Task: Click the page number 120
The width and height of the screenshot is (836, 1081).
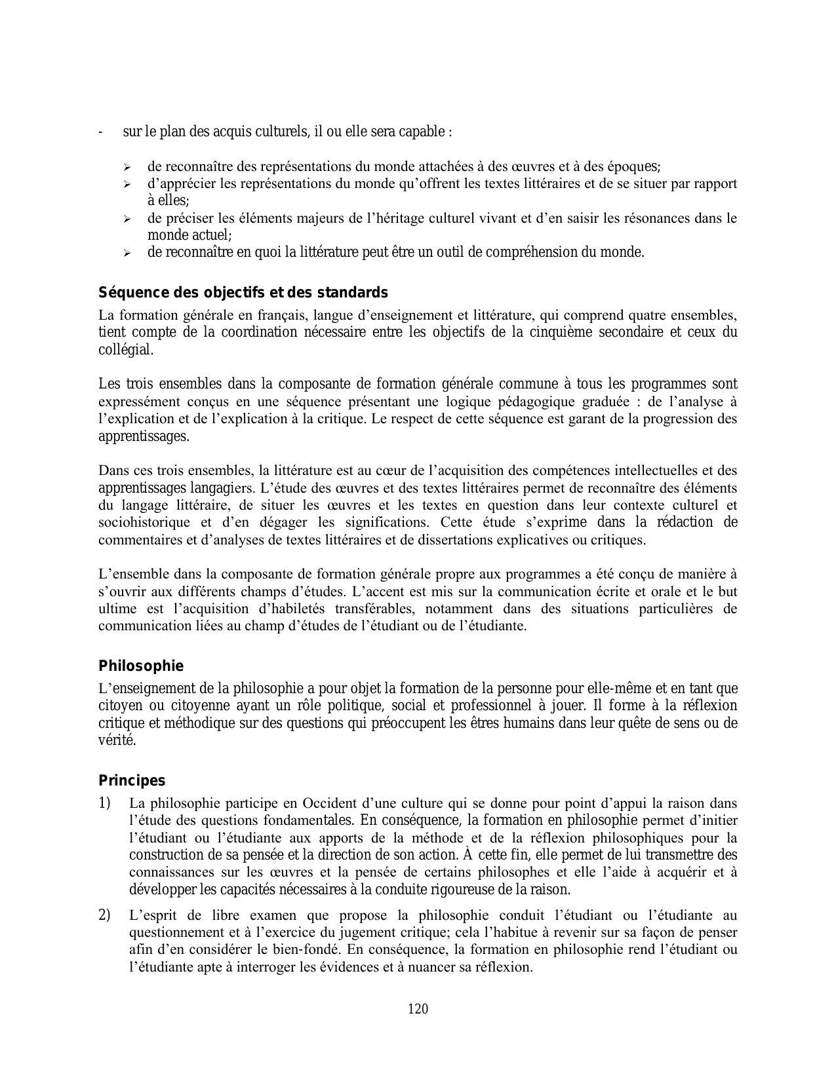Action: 418,1008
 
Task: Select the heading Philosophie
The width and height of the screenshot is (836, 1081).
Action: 141,666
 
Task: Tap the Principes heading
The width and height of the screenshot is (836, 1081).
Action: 132,781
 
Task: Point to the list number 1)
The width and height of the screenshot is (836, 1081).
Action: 105,803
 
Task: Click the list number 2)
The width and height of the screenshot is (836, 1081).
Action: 105,915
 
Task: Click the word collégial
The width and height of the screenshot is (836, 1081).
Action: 126,349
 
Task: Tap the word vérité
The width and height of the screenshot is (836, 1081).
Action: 117,740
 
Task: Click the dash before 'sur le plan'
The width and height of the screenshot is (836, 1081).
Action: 100,132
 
